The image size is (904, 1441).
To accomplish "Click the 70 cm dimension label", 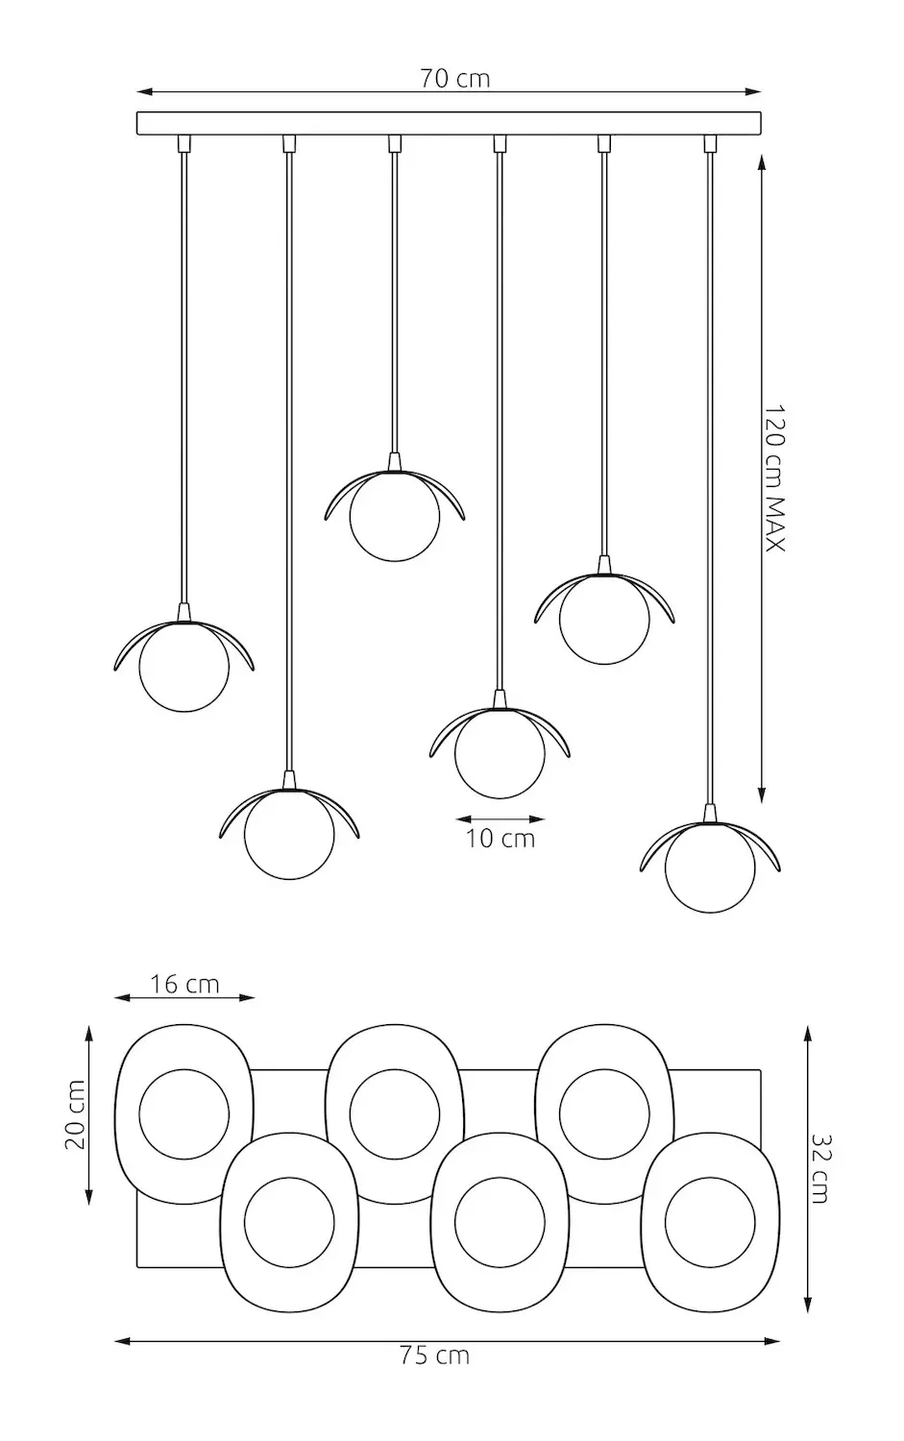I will tap(454, 79).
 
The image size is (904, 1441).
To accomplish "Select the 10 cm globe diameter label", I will tap(501, 838).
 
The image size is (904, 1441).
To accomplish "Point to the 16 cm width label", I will tap(184, 985).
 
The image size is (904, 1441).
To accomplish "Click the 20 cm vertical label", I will tap(74, 1114).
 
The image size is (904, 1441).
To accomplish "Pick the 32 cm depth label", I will tap(819, 1168).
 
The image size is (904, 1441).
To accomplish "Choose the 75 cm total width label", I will tap(434, 1356).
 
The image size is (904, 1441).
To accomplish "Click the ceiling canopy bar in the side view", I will tap(449, 124).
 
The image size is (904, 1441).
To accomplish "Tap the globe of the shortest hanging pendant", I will tap(395, 516).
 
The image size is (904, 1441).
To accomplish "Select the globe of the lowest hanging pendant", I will tap(710, 867).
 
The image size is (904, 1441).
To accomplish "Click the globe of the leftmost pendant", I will tap(184, 667).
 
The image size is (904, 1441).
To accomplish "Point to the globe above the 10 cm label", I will tap(500, 752).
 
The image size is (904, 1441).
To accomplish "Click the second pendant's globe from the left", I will tap(289, 833).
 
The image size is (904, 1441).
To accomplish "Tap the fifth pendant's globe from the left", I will tap(604, 619).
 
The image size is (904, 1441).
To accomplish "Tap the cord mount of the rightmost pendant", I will tap(711, 143).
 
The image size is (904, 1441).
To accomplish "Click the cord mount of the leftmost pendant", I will tap(183, 143).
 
